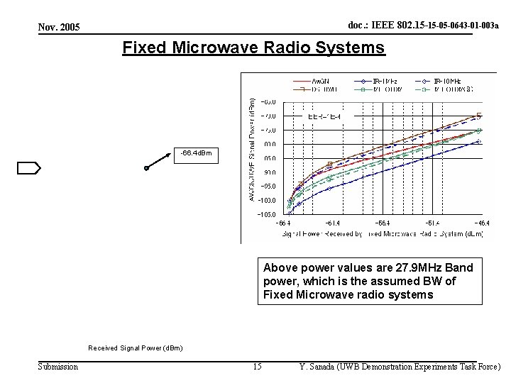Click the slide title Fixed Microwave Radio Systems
point(253,48)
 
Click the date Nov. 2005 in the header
point(59,27)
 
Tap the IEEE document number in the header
point(423,26)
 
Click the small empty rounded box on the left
point(29,167)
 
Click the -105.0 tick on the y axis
point(267,214)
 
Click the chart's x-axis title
point(383,233)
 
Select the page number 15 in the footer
point(258,367)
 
